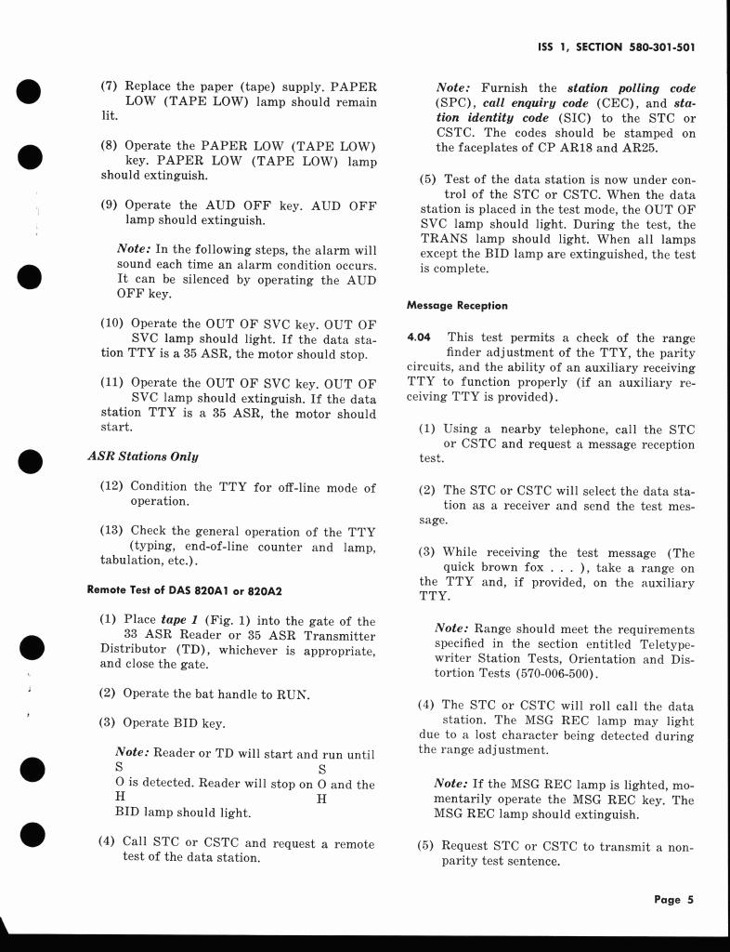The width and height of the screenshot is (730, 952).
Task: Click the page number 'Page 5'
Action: (673, 900)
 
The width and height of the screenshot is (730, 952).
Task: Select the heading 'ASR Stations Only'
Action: (142, 456)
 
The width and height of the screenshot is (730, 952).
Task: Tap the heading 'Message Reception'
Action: (457, 305)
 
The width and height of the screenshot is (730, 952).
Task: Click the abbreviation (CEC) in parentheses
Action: (591, 103)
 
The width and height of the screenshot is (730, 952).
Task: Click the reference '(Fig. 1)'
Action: (234, 621)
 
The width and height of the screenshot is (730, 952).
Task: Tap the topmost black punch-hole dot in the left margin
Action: (30, 93)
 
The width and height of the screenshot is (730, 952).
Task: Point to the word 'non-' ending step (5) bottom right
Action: (679, 846)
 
